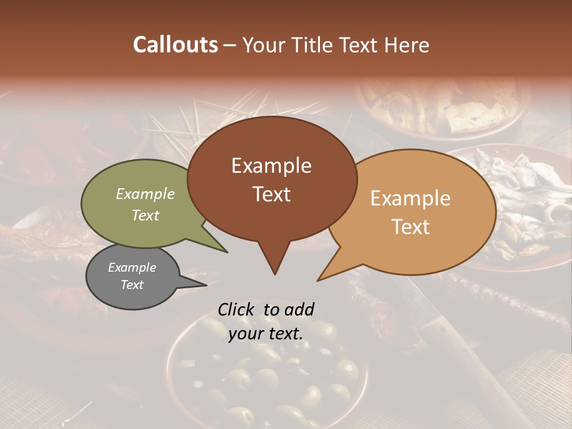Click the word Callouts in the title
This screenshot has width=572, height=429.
pyautogui.click(x=175, y=45)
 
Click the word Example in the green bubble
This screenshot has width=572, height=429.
pyautogui.click(x=145, y=194)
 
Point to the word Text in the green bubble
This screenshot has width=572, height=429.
pyautogui.click(x=145, y=215)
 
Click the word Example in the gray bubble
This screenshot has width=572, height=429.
pyautogui.click(x=132, y=268)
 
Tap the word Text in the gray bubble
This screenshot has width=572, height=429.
pyautogui.click(x=132, y=285)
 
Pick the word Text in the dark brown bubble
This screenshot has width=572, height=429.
pyautogui.click(x=271, y=194)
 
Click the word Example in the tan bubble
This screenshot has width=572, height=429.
pyautogui.click(x=411, y=198)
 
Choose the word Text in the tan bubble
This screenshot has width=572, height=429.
pyautogui.click(x=411, y=226)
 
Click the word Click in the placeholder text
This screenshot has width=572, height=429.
pyautogui.click(x=237, y=309)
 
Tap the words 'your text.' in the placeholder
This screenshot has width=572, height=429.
pyautogui.click(x=266, y=334)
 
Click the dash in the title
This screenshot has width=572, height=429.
pyautogui.click(x=230, y=45)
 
